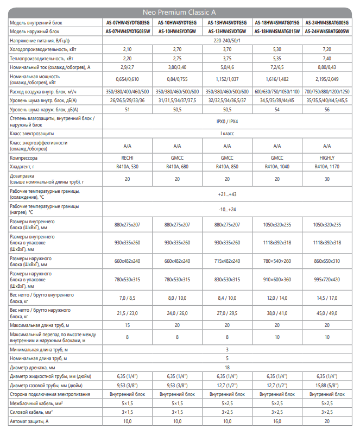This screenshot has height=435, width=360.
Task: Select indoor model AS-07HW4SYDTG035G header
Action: pyautogui.click(x=127, y=22)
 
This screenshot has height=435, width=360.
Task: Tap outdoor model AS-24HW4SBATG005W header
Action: pyautogui.click(x=327, y=31)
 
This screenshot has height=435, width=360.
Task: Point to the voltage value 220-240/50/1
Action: pyautogui.click(x=227, y=40)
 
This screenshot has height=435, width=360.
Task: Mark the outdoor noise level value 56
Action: pyautogui.click(x=327, y=110)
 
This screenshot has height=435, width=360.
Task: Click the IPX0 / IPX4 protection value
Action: pyautogui.click(x=227, y=122)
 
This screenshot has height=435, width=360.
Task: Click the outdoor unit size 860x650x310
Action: pyautogui.click(x=327, y=261)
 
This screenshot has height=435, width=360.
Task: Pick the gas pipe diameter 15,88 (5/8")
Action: pyautogui.click(x=327, y=385)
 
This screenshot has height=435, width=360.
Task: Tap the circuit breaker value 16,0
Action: pyautogui.click(x=277, y=421)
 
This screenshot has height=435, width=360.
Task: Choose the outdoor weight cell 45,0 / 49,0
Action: pyautogui.click(x=327, y=313)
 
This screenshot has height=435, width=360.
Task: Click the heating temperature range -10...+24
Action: pyautogui.click(x=227, y=210)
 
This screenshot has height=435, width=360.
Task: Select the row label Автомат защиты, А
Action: pyautogui.click(x=30, y=421)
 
